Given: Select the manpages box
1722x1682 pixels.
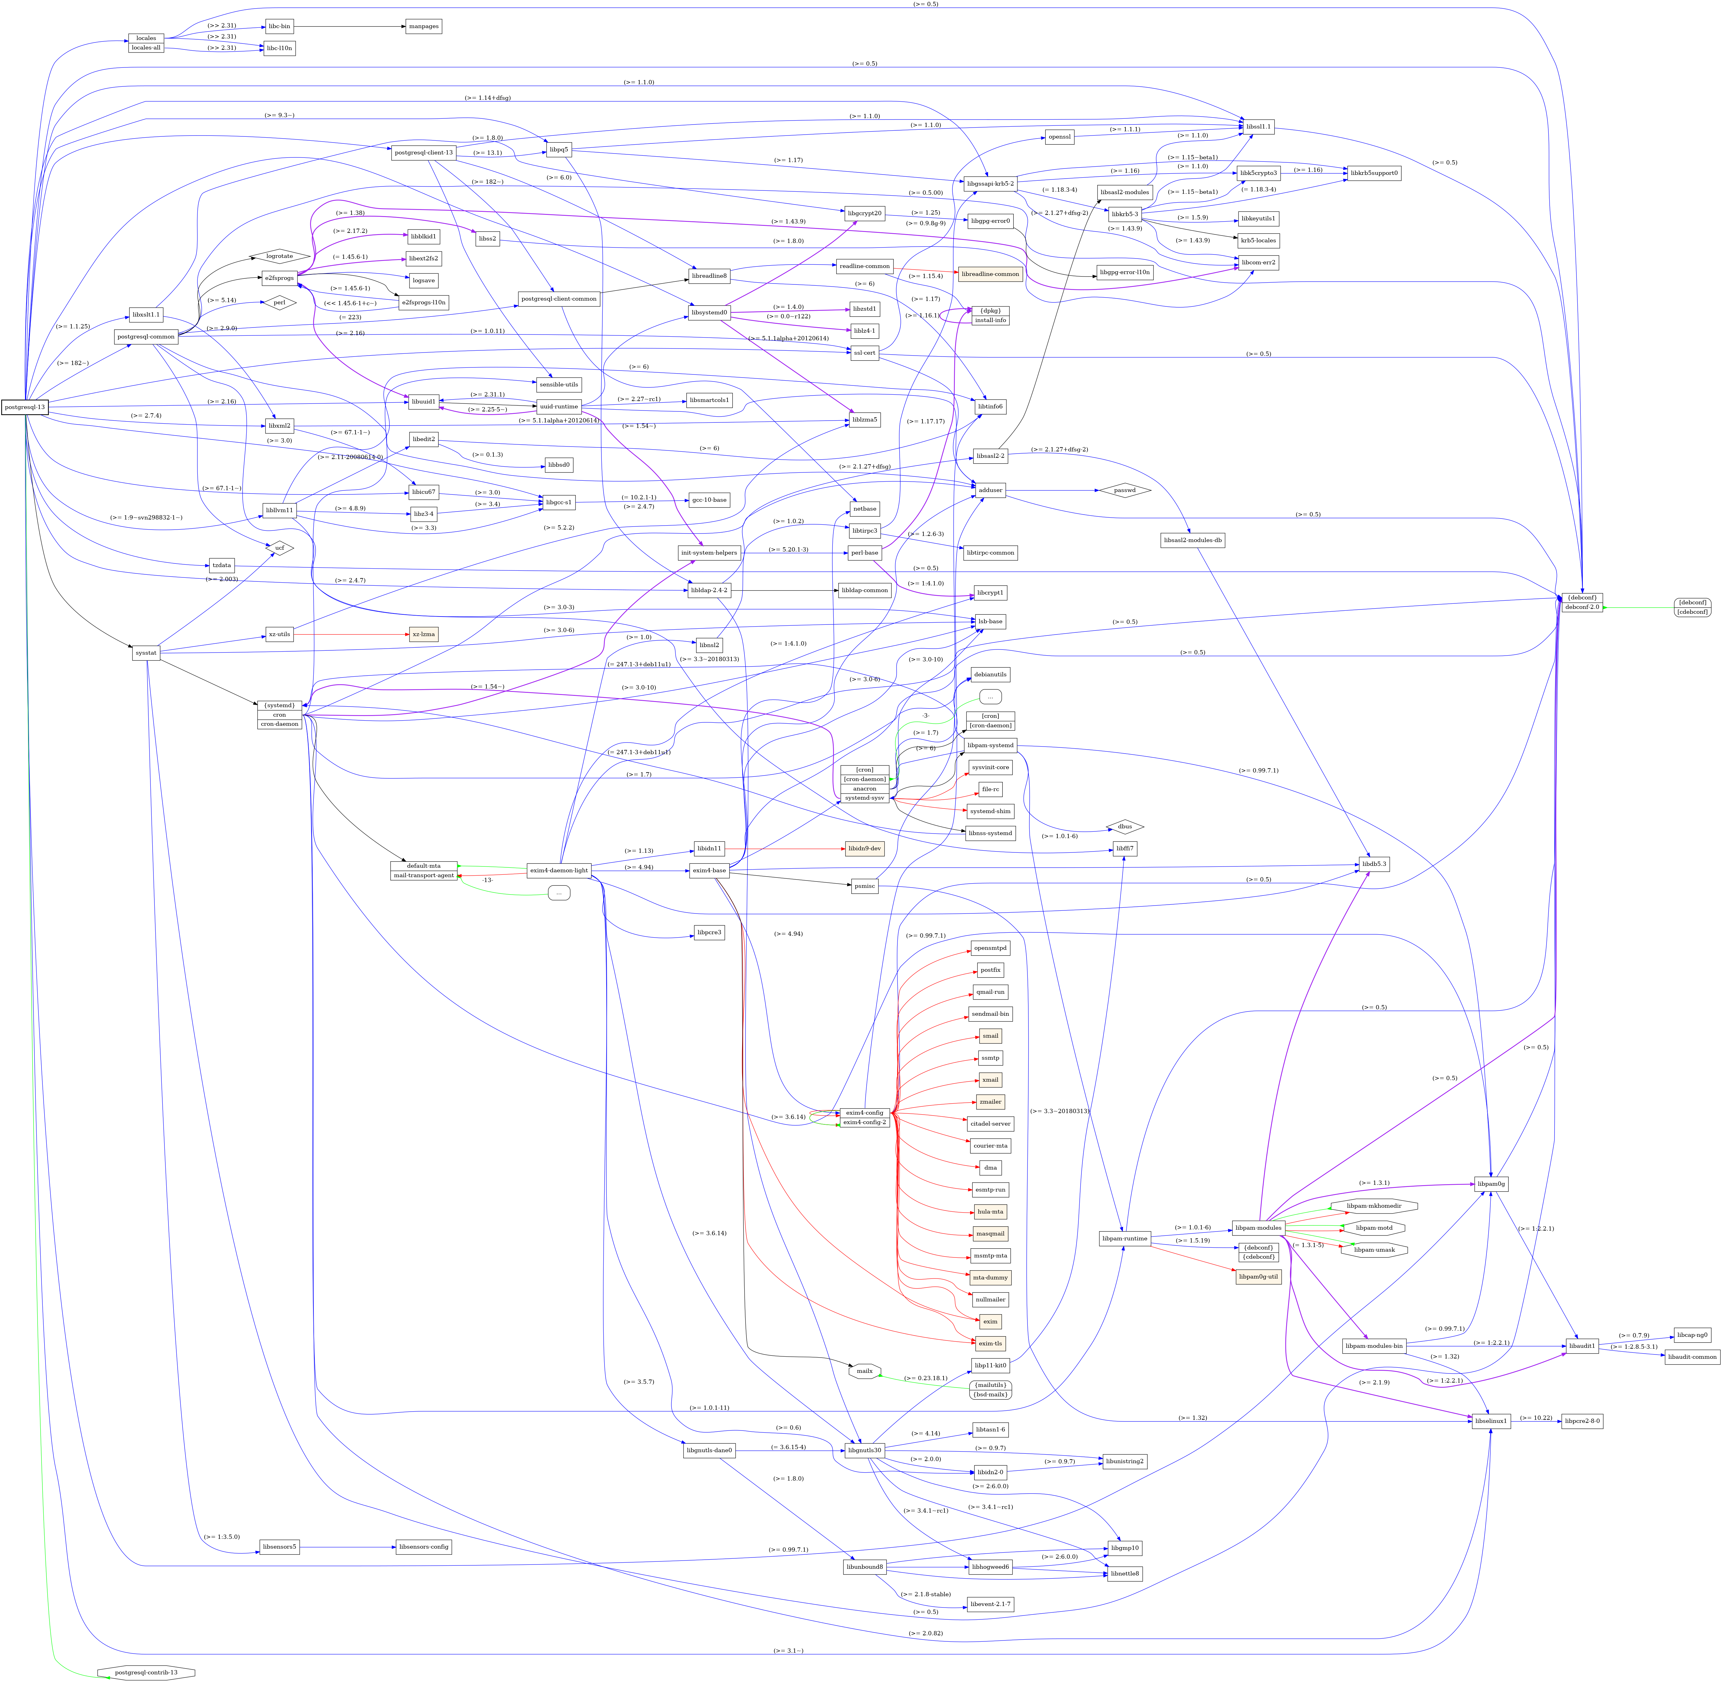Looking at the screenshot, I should coord(423,27).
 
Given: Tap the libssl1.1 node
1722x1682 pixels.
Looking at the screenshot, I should coord(1258,127).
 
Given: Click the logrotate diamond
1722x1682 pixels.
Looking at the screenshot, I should coord(279,256).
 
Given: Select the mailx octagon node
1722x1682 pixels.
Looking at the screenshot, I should coord(865,1371).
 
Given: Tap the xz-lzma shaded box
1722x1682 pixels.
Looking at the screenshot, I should coord(423,634).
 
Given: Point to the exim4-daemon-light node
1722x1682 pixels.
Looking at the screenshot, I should coord(558,870).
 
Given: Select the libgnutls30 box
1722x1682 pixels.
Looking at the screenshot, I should coord(865,1451).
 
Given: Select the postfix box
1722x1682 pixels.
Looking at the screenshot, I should coord(990,970).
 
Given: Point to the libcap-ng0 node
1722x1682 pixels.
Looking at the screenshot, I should coord(1692,1336).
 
